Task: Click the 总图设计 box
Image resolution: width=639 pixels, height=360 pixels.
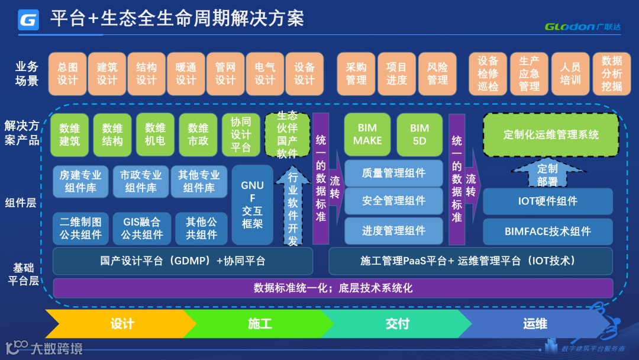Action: pos(67,74)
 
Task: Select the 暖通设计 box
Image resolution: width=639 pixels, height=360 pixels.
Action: pos(186,74)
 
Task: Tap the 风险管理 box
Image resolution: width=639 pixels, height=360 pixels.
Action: pos(437,74)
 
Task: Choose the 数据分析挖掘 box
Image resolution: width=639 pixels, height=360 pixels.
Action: pos(612,74)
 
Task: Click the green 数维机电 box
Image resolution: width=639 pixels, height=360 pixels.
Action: pos(155,134)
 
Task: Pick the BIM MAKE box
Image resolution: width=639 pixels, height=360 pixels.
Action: pos(367,134)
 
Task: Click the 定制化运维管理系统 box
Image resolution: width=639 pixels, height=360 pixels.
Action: pos(551,134)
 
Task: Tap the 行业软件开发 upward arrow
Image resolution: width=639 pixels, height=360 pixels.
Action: pos(293,207)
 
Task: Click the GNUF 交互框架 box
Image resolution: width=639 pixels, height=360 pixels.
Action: pos(253,205)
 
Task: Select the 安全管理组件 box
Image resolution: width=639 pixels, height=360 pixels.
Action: pos(393,201)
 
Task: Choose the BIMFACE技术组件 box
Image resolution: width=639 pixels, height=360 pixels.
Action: pos(548,232)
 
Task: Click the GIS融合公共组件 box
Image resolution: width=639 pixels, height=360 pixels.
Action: pos(142,229)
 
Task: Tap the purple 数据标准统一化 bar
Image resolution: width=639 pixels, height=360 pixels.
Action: pos(333,288)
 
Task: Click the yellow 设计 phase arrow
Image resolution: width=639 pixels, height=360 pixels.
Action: pos(121,324)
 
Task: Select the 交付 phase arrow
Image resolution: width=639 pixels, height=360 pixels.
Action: pos(397,324)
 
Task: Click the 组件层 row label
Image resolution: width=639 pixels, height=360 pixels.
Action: pos(21,202)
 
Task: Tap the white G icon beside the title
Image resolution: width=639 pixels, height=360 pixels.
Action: pos(28,20)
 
